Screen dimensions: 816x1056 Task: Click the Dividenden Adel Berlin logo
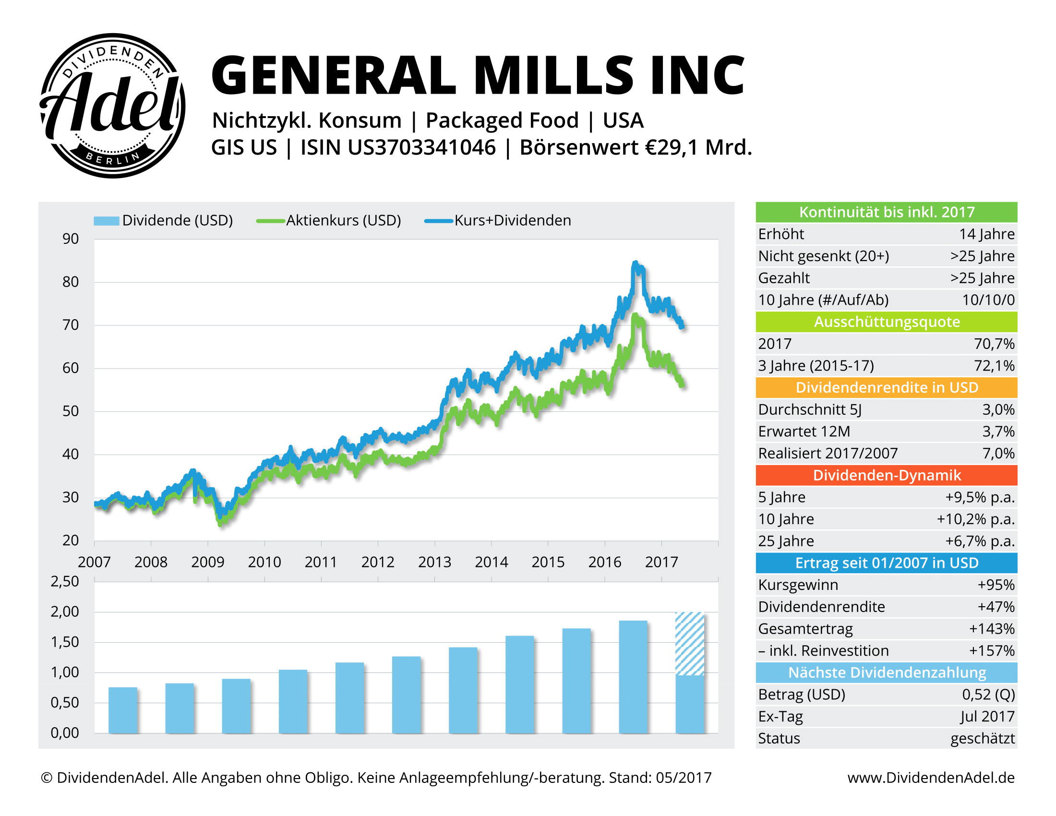(112, 106)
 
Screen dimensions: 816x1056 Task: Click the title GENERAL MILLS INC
(478, 76)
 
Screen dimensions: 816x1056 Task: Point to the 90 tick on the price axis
(71, 239)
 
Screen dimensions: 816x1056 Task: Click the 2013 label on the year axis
(434, 562)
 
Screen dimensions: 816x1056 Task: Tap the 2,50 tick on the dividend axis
(65, 582)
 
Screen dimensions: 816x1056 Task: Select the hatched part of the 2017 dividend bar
(689, 643)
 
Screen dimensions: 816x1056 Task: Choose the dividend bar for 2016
(633, 677)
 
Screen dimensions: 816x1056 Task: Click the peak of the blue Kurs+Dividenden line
(635, 264)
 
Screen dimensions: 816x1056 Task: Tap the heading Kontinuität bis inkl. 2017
(886, 212)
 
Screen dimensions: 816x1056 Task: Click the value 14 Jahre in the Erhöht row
(986, 234)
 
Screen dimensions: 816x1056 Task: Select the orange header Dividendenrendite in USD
(886, 388)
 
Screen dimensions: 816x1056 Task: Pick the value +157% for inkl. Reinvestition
(991, 651)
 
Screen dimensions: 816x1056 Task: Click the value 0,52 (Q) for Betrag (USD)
(988, 695)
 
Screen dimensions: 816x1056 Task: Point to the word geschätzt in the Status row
(982, 739)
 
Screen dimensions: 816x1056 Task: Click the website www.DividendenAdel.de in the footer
(931, 778)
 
